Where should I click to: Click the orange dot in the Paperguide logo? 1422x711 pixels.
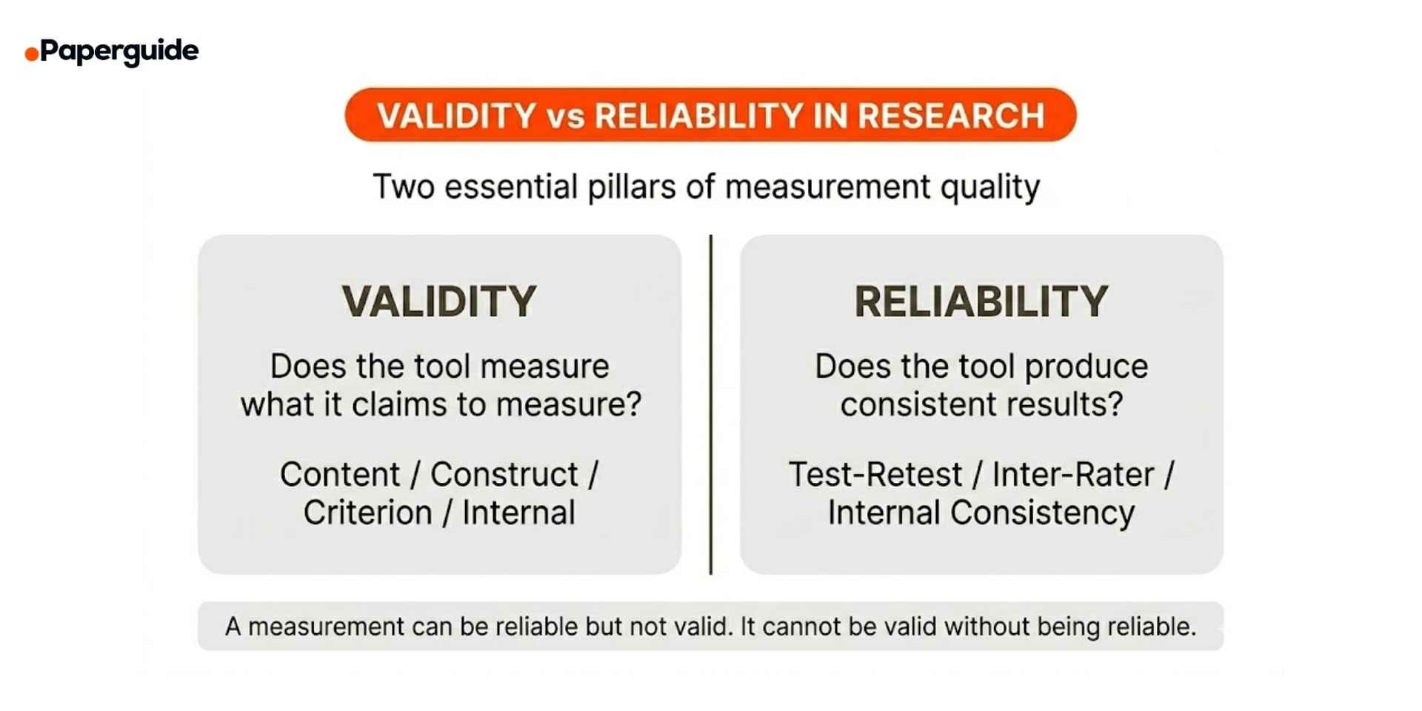pyautogui.click(x=32, y=54)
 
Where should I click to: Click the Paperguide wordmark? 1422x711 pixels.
pyautogui.click(x=119, y=51)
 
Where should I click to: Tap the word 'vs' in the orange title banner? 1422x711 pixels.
pyautogui.click(x=566, y=117)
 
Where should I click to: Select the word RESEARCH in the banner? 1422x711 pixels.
pyautogui.click(x=951, y=116)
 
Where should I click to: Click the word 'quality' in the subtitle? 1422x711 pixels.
pyautogui.click(x=990, y=187)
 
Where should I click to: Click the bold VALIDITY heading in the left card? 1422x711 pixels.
pyautogui.click(x=439, y=301)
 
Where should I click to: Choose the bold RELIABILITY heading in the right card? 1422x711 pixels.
pyautogui.click(x=981, y=301)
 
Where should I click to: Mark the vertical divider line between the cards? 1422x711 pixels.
pyautogui.click(x=711, y=404)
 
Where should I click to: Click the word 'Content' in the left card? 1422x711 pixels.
pyautogui.click(x=340, y=475)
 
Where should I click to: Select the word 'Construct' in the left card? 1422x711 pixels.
pyautogui.click(x=504, y=475)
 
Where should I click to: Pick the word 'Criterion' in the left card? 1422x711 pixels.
pyautogui.click(x=367, y=513)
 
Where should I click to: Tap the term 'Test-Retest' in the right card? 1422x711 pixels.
pyautogui.click(x=875, y=475)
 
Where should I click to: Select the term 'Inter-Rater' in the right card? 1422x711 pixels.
pyautogui.click(x=1073, y=475)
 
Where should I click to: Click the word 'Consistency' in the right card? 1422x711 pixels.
pyautogui.click(x=1043, y=513)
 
